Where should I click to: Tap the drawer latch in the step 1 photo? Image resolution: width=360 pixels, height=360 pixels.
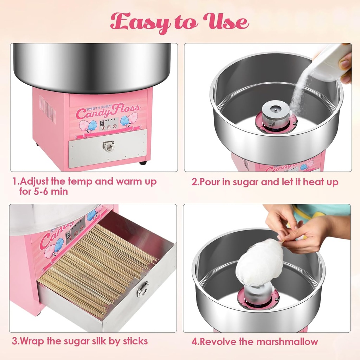(108, 146)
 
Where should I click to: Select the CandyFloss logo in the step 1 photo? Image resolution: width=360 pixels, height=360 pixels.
(108, 112)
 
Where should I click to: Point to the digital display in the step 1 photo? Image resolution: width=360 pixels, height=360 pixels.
(102, 123)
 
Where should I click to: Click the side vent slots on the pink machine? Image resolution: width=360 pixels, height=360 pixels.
(47, 109)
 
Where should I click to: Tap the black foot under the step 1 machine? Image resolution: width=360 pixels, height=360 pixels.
(143, 163)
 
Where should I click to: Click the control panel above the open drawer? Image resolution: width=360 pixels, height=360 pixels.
(75, 230)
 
